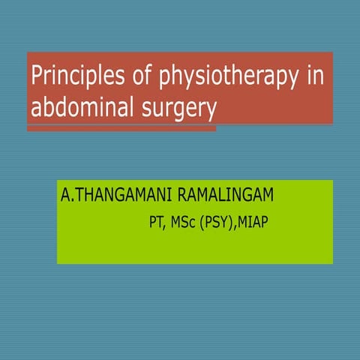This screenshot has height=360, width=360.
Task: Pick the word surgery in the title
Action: [x=175, y=109]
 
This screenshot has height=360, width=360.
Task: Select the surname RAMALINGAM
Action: [x=232, y=196]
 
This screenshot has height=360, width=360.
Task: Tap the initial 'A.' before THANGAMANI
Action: [x=68, y=196]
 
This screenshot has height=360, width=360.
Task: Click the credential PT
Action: [x=157, y=222]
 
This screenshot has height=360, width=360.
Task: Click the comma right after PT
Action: [x=166, y=226]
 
